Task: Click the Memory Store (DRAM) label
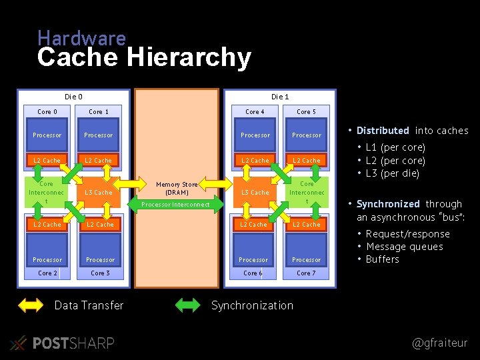(177, 188)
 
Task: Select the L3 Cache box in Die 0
(99, 192)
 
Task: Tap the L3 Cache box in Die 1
(255, 192)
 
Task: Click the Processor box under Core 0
(47, 135)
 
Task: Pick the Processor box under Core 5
(307, 135)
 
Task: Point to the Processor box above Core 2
(47, 259)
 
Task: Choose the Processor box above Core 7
(307, 259)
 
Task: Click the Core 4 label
(255, 111)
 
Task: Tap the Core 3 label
(100, 273)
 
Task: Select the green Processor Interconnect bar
(176, 204)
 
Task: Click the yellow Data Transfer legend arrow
(31, 305)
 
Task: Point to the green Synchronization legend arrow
(187, 305)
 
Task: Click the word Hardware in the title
(81, 38)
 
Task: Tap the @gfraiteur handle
(440, 343)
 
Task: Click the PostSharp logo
(63, 343)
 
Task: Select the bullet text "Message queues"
(404, 247)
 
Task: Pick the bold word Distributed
(383, 131)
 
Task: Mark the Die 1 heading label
(280, 97)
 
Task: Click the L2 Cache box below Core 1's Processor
(99, 160)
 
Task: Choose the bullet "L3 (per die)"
(393, 173)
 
